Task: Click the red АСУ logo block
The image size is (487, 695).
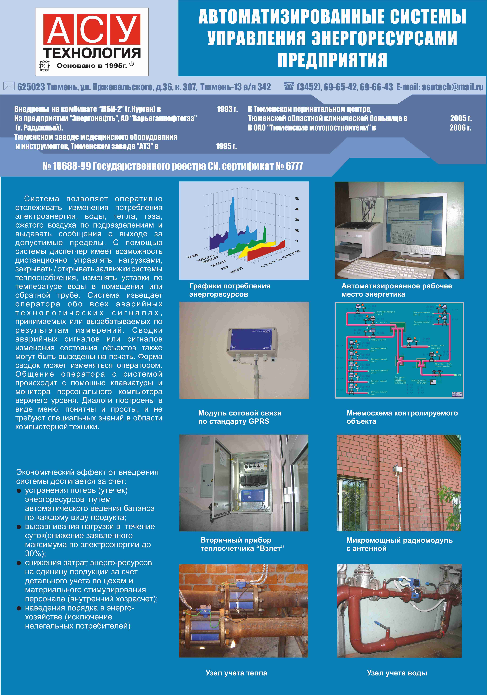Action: (x=92, y=29)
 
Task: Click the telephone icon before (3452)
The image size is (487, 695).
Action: (x=289, y=87)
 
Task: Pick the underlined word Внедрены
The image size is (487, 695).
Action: (x=32, y=109)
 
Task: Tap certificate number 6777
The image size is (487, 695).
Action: (x=294, y=166)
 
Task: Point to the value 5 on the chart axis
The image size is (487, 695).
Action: (x=297, y=199)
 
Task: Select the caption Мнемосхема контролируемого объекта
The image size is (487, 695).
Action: (x=402, y=417)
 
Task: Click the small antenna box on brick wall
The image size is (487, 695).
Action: (x=397, y=469)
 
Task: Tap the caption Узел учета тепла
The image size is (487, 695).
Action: (x=236, y=673)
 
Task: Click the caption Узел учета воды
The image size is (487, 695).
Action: (x=397, y=673)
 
